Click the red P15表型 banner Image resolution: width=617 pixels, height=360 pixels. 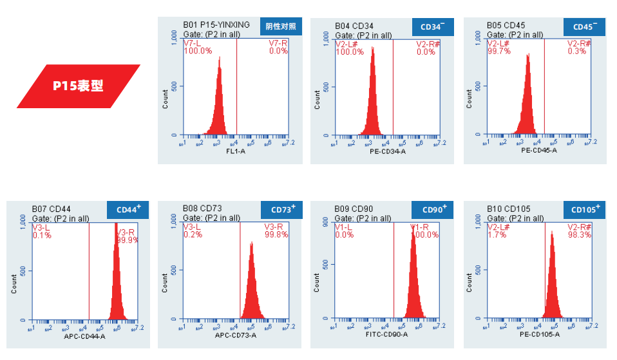pyautogui.click(x=78, y=86)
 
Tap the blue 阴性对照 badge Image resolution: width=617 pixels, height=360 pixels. pyautogui.click(x=281, y=26)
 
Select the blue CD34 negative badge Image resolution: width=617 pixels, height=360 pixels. pyautogui.click(x=432, y=27)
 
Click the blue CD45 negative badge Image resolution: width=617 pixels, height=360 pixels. pyautogui.click(x=585, y=27)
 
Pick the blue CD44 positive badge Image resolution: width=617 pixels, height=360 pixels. pyautogui.click(x=128, y=210)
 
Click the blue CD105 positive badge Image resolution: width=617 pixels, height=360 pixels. pyautogui.click(x=585, y=210)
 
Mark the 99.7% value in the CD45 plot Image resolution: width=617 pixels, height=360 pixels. pyautogui.click(x=498, y=52)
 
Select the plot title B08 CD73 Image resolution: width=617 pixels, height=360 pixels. pyautogui.click(x=202, y=209)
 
